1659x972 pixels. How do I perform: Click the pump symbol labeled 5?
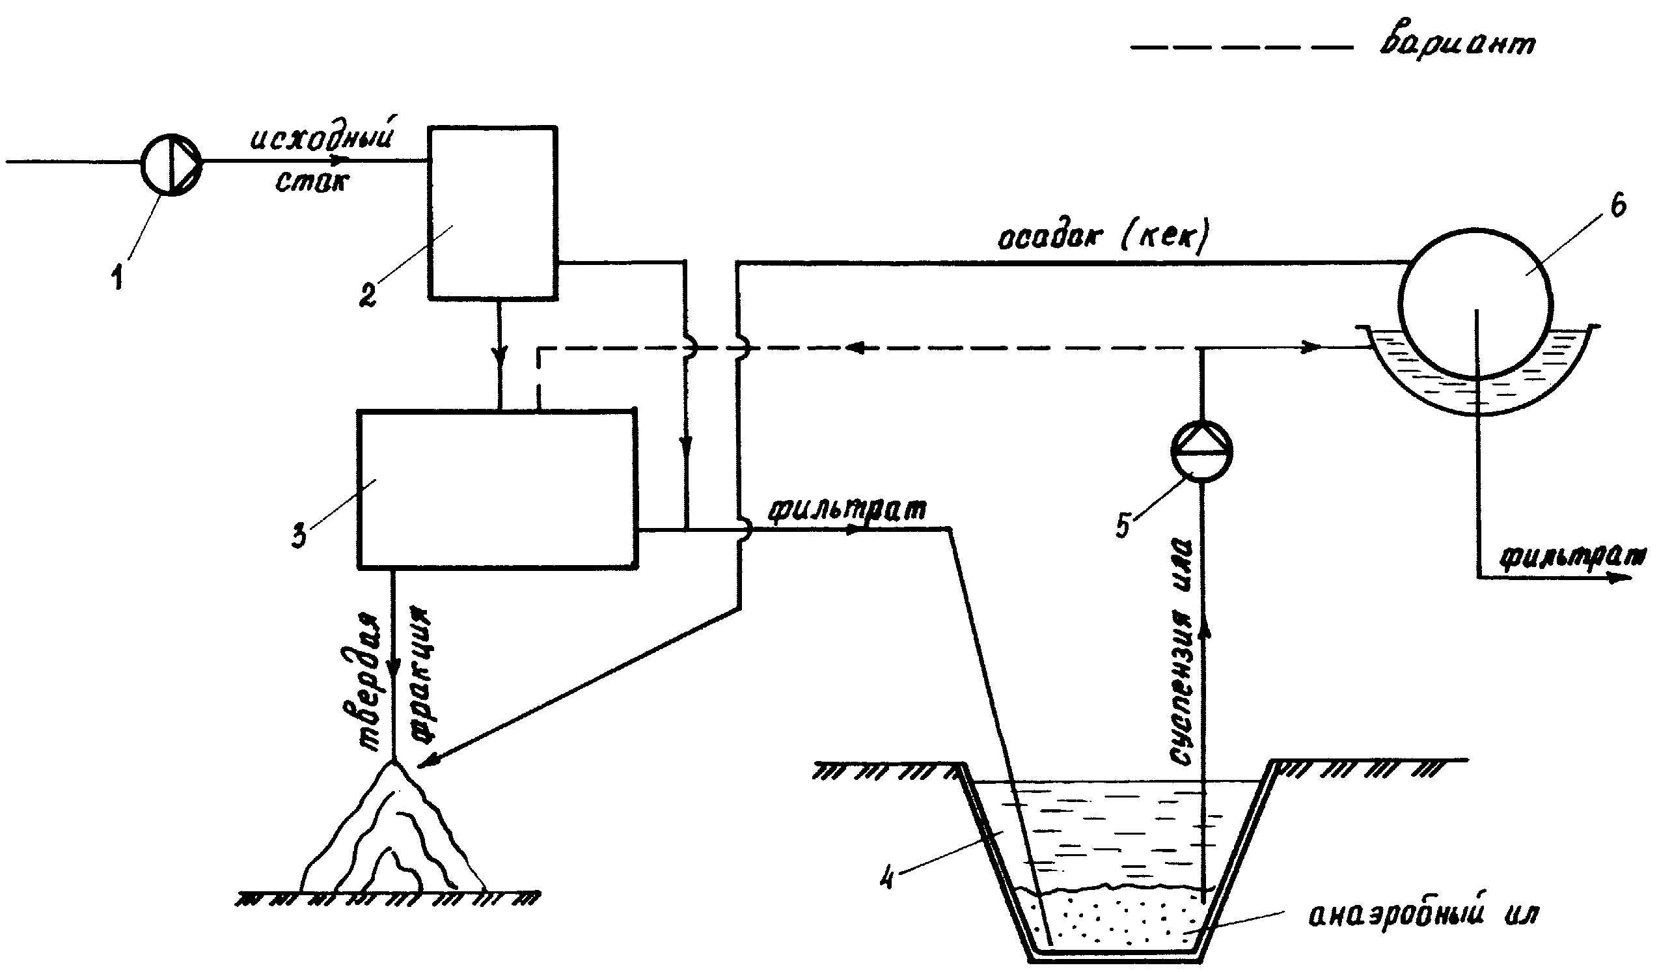1201,452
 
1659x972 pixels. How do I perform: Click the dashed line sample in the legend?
1241,48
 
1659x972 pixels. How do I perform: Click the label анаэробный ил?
1422,916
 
